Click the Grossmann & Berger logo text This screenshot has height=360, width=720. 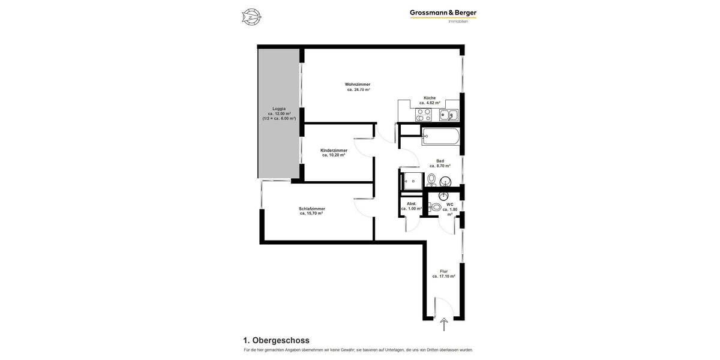(x=443, y=13)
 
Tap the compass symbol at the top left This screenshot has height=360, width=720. (x=251, y=17)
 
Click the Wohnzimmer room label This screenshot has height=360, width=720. (x=358, y=84)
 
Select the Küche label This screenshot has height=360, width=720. (x=430, y=98)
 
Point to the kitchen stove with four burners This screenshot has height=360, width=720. (x=424, y=115)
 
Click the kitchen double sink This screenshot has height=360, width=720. (x=448, y=115)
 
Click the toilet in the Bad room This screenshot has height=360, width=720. (x=431, y=179)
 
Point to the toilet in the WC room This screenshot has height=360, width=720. (x=436, y=207)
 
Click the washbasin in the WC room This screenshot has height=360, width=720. (x=444, y=196)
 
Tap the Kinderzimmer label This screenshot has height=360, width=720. (x=334, y=150)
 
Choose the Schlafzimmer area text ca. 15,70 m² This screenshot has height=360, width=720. (x=311, y=214)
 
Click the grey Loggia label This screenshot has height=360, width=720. (x=279, y=109)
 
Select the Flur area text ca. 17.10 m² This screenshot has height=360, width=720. (x=443, y=277)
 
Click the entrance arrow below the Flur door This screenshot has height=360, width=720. (x=444, y=325)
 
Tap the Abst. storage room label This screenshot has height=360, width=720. (x=412, y=204)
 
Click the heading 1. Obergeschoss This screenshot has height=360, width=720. (x=277, y=340)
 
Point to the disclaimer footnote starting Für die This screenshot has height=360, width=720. (x=358, y=350)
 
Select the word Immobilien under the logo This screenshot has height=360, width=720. (x=458, y=22)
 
